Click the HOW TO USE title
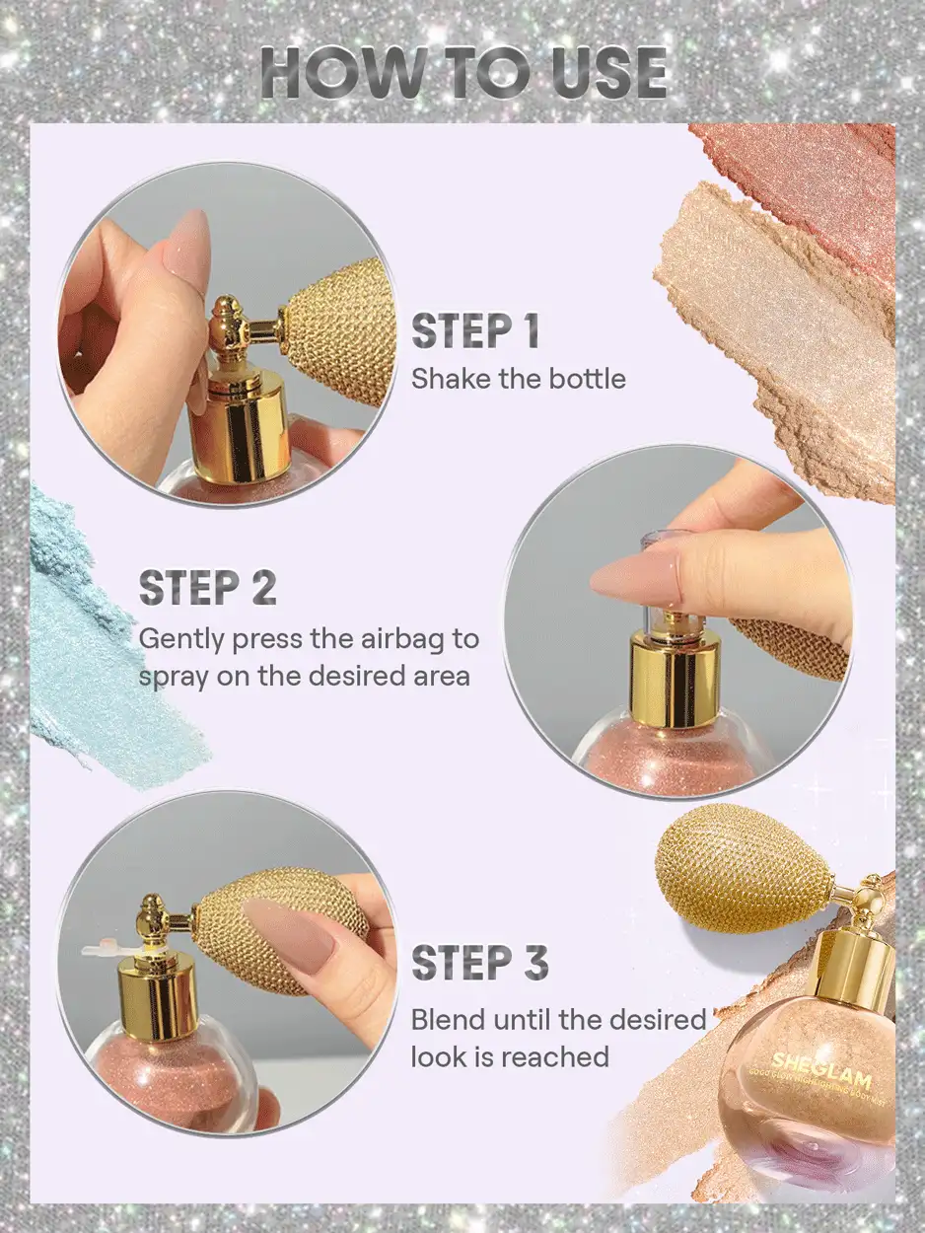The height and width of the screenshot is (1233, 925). (x=463, y=72)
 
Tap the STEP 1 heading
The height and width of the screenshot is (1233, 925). (x=475, y=332)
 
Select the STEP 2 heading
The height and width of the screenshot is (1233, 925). (x=207, y=588)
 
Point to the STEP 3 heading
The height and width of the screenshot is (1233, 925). (x=478, y=964)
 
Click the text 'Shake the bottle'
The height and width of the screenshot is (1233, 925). (x=518, y=379)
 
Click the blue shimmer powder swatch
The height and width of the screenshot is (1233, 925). (x=94, y=651)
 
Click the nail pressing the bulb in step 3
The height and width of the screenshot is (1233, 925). (x=291, y=932)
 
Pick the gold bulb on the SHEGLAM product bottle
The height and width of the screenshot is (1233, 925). (x=745, y=868)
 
